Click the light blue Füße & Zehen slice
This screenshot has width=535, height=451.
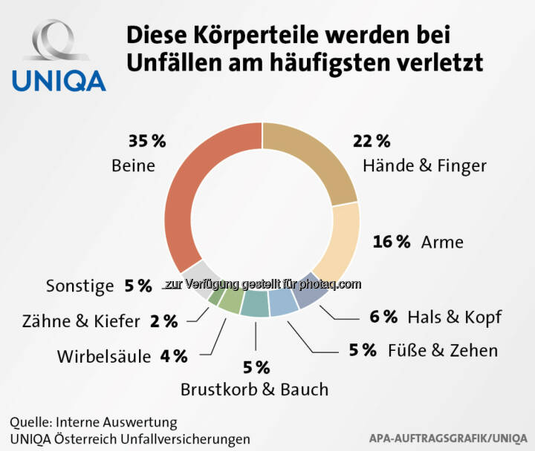tap(282, 304)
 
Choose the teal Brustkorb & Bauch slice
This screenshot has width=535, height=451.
tap(255, 306)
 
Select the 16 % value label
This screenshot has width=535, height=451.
tap(391, 242)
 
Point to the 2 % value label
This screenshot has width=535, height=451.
tap(163, 321)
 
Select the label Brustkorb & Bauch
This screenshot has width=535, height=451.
tap(255, 388)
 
